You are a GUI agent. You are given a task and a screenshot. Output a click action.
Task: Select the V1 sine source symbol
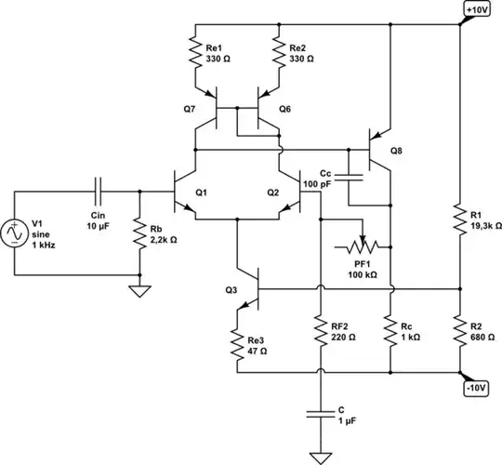click(x=18, y=232)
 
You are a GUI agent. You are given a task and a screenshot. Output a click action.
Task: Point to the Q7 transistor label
click(x=191, y=109)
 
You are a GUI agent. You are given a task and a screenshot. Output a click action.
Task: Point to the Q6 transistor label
click(x=284, y=109)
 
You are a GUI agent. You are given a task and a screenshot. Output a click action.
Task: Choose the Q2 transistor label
click(x=272, y=193)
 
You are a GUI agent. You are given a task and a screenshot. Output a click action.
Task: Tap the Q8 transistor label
click(x=397, y=151)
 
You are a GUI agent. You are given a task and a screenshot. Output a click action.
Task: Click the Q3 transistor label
click(x=231, y=289)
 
